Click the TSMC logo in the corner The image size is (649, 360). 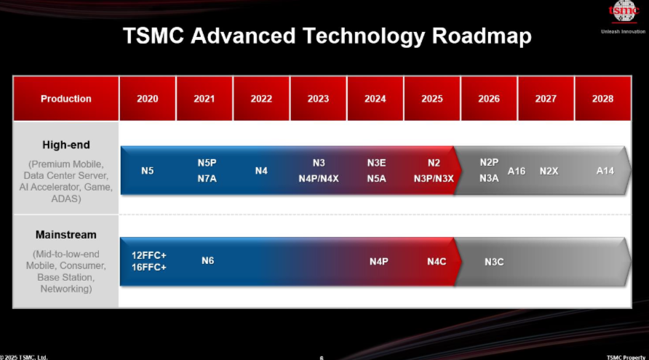click(x=624, y=12)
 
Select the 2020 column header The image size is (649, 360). click(x=148, y=98)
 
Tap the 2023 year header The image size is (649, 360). click(x=318, y=98)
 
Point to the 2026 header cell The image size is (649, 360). click(x=489, y=98)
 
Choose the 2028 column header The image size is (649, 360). click(x=602, y=98)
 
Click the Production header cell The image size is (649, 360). click(x=65, y=98)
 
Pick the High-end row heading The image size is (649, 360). click(x=65, y=145)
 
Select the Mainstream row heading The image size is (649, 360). click(x=65, y=235)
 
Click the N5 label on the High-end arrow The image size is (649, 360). click(x=148, y=171)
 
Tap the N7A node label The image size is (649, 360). click(x=207, y=179)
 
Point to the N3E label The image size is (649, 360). click(x=376, y=163)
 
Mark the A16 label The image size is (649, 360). click(x=517, y=171)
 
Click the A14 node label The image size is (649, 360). click(x=605, y=171)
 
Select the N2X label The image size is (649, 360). click(x=549, y=171)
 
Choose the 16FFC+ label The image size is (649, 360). click(x=149, y=268)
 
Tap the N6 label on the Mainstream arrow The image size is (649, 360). click(x=208, y=260)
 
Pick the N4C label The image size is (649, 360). click(x=437, y=262)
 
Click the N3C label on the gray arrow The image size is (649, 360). click(x=494, y=262)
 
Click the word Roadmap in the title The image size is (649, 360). click(x=482, y=36)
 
